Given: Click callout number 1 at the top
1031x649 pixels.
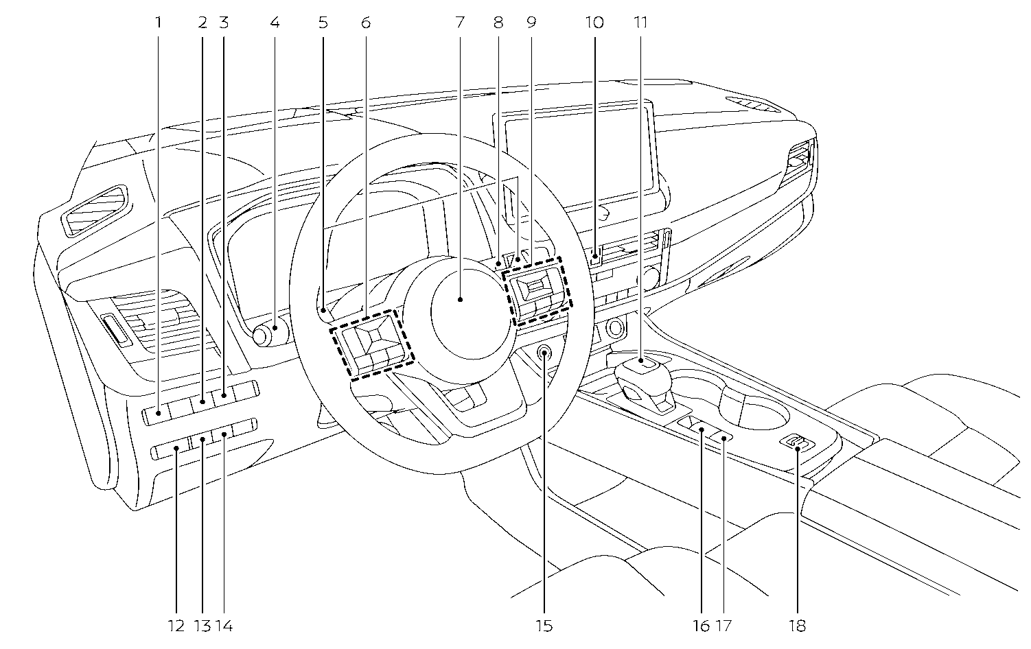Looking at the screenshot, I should pyautogui.click(x=159, y=23).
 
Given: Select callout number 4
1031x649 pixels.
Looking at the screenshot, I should pyautogui.click(x=275, y=23).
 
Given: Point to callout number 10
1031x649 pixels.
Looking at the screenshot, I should pyautogui.click(x=594, y=23).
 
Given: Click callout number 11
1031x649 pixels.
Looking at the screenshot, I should pyautogui.click(x=640, y=23).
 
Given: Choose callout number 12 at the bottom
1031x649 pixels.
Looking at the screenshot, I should pyautogui.click(x=176, y=626).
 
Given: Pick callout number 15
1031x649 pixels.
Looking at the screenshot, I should pyautogui.click(x=544, y=626).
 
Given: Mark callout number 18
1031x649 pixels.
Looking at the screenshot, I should pyautogui.click(x=797, y=626).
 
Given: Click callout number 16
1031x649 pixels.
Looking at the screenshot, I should pyautogui.click(x=702, y=626).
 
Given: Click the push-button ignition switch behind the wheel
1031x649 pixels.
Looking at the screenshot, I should pyautogui.click(x=544, y=354).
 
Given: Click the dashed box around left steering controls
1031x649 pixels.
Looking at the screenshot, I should pyautogui.click(x=371, y=345).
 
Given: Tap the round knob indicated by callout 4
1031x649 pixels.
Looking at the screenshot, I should pyautogui.click(x=270, y=334).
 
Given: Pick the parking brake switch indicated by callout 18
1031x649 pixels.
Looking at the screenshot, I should pyautogui.click(x=796, y=443).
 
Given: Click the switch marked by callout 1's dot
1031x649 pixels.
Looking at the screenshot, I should pyautogui.click(x=159, y=413).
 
